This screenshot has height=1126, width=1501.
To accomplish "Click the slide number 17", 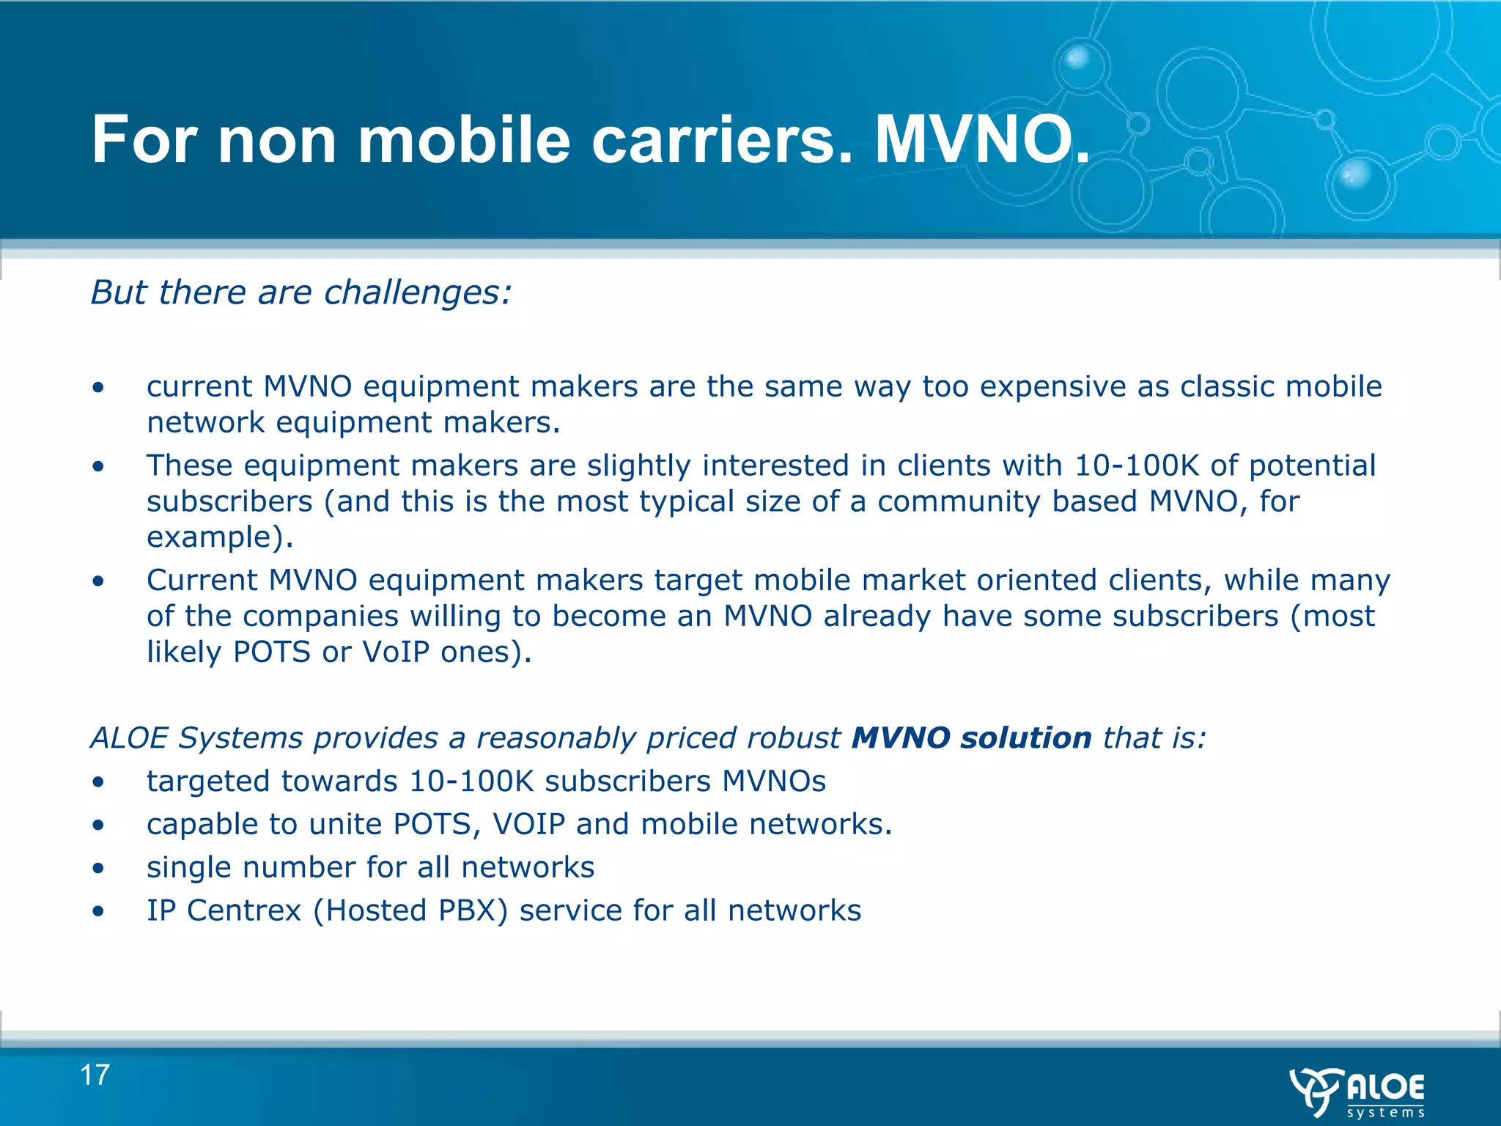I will tap(95, 1075).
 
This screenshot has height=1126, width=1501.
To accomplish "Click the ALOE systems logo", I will tap(1357, 1092).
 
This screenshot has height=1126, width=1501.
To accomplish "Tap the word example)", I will tap(220, 537).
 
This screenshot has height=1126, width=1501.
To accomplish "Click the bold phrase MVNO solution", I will tap(972, 737).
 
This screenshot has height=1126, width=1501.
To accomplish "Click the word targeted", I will tap(208, 781).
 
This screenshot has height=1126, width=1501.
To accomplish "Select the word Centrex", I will tap(244, 910).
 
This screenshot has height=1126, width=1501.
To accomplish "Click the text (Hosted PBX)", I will tap(410, 910).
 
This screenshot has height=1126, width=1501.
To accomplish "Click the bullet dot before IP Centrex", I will tap(98, 911).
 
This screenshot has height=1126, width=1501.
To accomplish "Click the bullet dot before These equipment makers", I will tap(98, 466).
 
